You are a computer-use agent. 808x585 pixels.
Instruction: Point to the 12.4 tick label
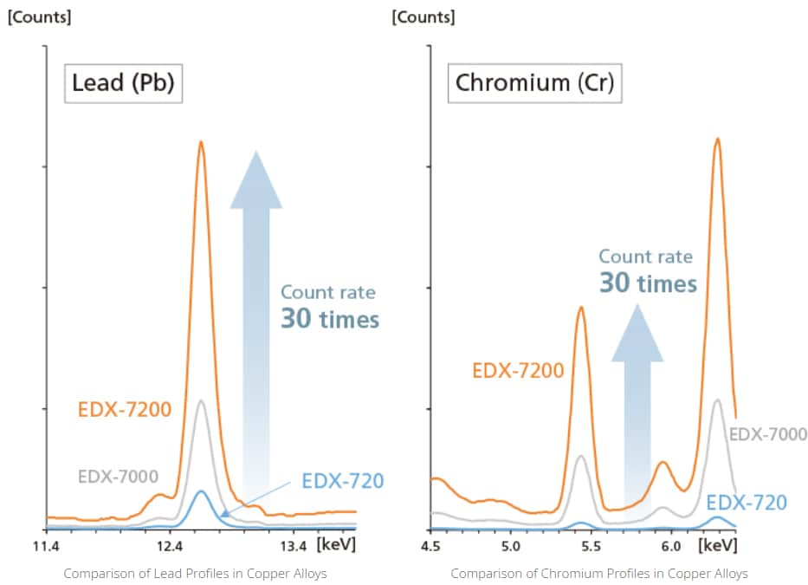[x=170, y=547]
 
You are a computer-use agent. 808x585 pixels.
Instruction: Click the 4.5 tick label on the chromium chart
[x=431, y=547]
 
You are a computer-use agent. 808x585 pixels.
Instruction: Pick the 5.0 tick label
[x=511, y=547]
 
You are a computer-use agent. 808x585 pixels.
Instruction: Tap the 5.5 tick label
[x=591, y=547]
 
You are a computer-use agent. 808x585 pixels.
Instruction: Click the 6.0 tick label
[x=670, y=547]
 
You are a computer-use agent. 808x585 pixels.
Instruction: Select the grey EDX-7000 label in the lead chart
[x=118, y=476]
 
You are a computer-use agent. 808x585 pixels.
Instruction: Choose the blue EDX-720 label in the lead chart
[x=342, y=480]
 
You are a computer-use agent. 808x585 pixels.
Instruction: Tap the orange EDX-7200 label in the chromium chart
[x=518, y=371]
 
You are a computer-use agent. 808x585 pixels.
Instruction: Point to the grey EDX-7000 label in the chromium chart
[x=767, y=434]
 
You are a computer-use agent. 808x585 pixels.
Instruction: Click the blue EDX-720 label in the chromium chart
[x=747, y=502]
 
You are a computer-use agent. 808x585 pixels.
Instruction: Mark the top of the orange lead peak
[x=201, y=142]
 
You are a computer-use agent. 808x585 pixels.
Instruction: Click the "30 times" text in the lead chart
[x=330, y=319]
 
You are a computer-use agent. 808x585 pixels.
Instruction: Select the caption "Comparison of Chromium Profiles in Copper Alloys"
[x=599, y=574]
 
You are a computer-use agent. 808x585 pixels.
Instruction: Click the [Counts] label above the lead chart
[x=41, y=16]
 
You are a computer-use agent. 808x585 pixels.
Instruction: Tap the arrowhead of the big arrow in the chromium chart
[x=637, y=334]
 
